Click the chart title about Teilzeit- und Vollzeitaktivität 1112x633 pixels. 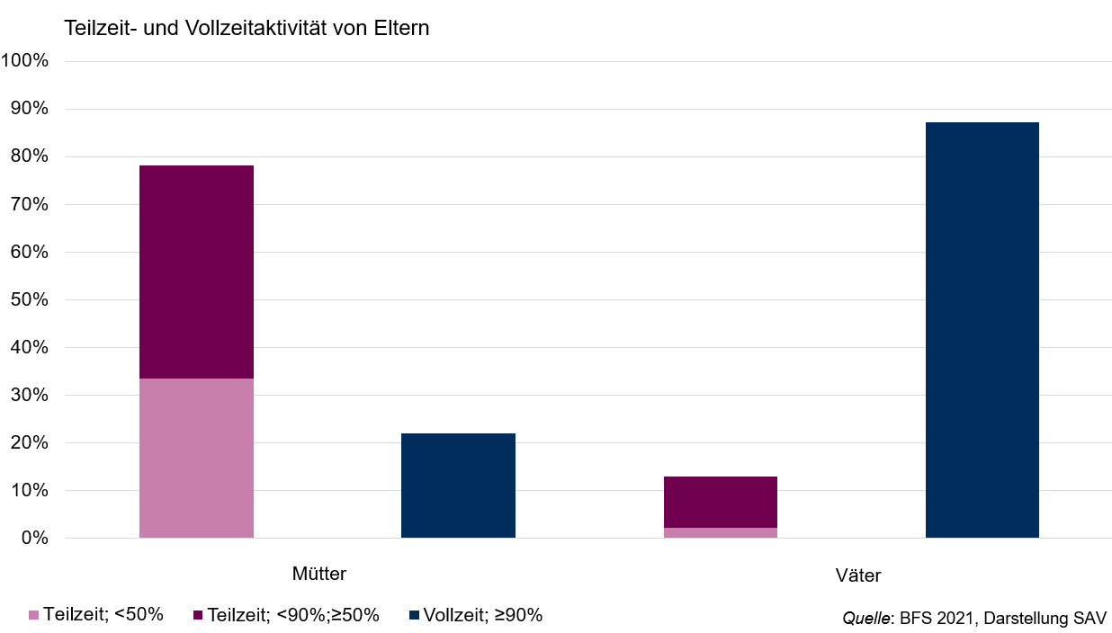[x=247, y=28]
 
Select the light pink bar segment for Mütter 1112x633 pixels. [x=197, y=458]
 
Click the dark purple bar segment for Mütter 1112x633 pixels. [x=197, y=272]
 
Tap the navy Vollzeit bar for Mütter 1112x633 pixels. [x=458, y=486]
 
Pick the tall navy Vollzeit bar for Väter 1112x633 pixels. [x=982, y=330]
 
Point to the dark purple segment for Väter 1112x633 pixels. [x=721, y=502]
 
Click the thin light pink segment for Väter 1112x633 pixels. [x=721, y=533]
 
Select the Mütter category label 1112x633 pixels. [x=319, y=574]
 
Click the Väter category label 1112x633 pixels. [x=858, y=575]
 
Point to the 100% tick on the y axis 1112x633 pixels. [x=25, y=60]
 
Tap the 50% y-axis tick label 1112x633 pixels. [x=30, y=299]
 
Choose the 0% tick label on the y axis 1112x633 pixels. [x=35, y=538]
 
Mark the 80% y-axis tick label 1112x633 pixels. [x=30, y=156]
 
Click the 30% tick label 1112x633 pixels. [x=30, y=395]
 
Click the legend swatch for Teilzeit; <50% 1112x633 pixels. [x=34, y=615]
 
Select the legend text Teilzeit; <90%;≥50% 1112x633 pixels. [x=293, y=615]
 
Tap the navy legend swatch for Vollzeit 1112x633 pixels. [x=414, y=615]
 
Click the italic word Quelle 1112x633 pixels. [x=865, y=619]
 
